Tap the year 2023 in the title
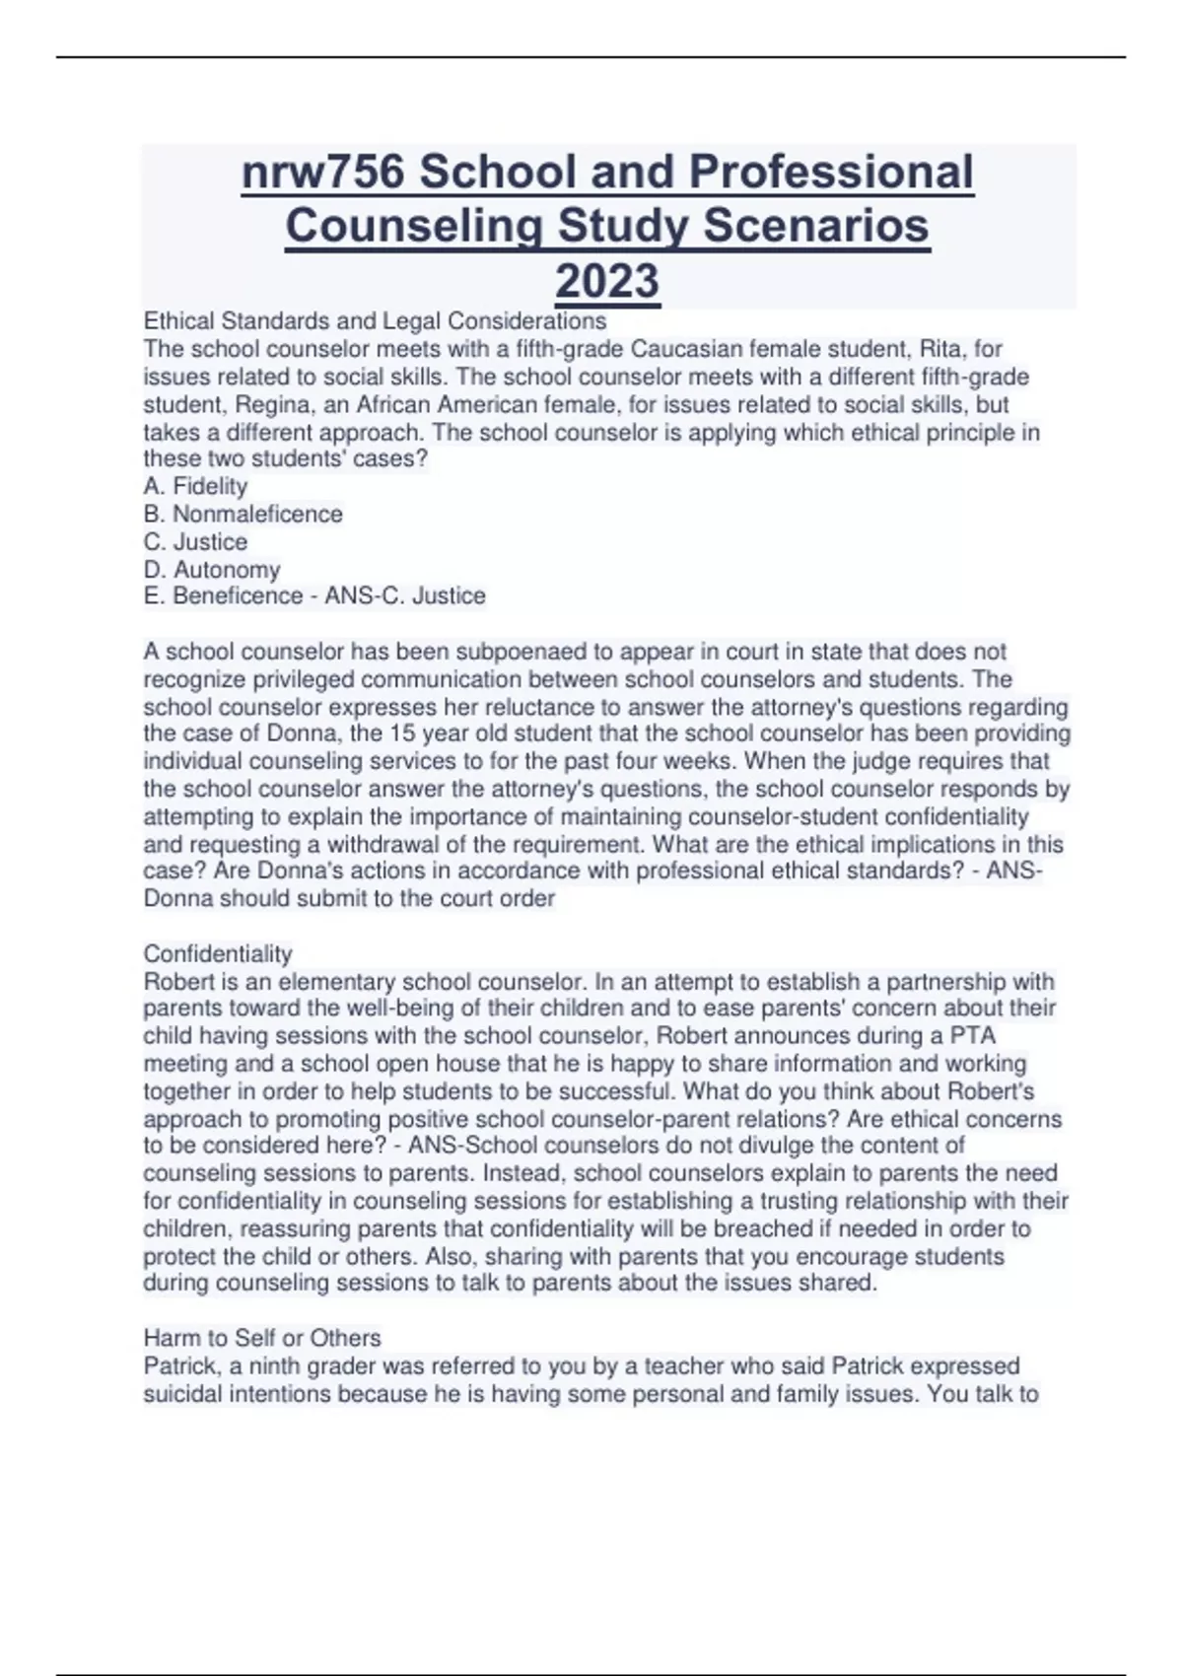607,281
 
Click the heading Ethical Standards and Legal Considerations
375,321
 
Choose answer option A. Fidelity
195,486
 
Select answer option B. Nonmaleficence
244,514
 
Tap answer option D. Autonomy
212,570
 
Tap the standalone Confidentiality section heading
218,954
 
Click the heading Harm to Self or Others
262,1338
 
